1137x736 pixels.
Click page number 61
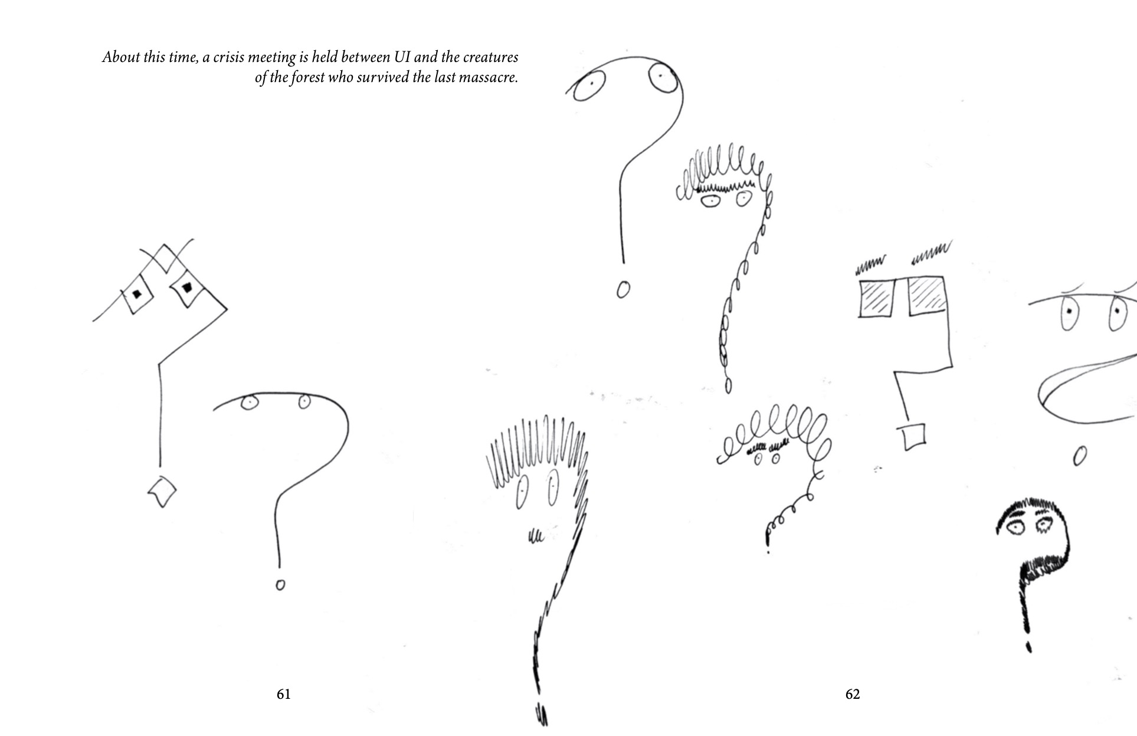[283, 694]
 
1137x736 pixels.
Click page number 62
[853, 694]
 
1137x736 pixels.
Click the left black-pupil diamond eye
[137, 293]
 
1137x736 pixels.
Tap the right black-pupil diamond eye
[187, 288]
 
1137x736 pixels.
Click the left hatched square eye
[877, 297]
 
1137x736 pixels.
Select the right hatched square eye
[928, 295]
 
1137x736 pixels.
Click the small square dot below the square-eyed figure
[914, 436]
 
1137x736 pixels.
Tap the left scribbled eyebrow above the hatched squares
[871, 265]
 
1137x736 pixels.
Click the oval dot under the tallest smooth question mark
[622, 290]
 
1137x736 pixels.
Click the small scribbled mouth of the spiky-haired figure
[535, 536]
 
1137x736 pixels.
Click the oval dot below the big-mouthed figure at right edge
[1080, 456]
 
